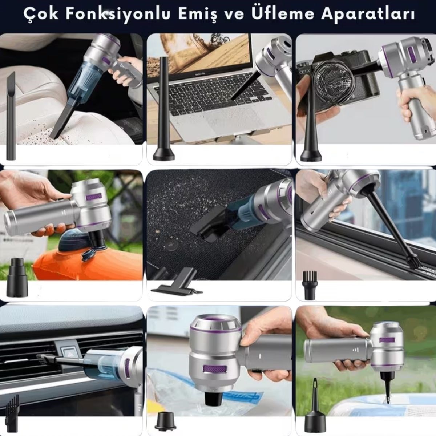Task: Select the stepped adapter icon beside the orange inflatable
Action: [x=17, y=278]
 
